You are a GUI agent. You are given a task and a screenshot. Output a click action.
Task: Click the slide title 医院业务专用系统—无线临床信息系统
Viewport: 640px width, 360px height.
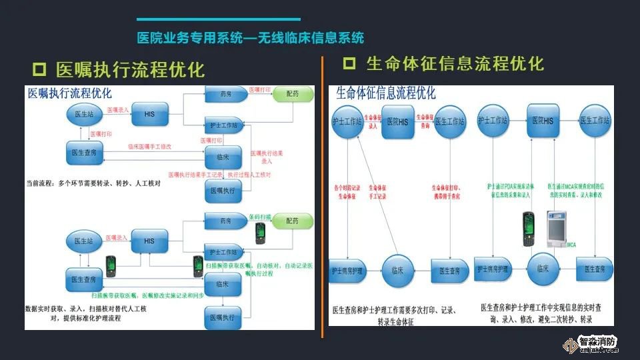(x=250, y=38)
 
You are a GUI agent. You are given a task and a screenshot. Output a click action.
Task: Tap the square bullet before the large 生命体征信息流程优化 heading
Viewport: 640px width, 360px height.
(x=349, y=63)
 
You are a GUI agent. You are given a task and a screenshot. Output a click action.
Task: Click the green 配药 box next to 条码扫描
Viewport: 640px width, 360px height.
(x=292, y=221)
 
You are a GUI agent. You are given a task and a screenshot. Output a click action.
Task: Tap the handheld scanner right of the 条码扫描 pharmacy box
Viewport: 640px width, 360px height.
(x=261, y=233)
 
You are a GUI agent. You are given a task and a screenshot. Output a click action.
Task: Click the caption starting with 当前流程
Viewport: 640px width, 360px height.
(x=91, y=181)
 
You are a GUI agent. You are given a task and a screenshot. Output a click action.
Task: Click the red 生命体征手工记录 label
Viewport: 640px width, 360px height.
(x=377, y=192)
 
